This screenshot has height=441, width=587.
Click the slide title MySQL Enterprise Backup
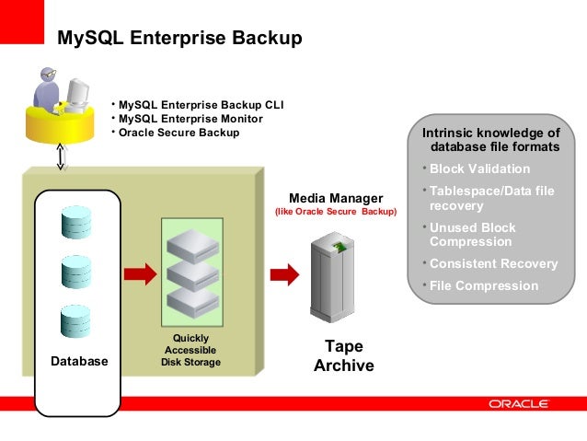click(178, 39)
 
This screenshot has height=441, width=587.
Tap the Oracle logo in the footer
click(519, 404)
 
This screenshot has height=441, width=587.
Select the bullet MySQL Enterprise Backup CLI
click(197, 105)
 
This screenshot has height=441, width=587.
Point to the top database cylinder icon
click(75, 222)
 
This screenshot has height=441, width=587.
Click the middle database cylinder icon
click(75, 272)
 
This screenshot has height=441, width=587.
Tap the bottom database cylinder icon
click(75, 321)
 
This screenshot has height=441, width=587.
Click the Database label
click(79, 362)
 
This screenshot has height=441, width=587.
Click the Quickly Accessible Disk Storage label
click(191, 351)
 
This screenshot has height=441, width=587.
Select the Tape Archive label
click(343, 356)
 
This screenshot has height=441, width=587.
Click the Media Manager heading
click(336, 198)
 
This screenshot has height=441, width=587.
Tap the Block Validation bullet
click(479, 169)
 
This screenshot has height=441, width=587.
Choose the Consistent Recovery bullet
click(493, 264)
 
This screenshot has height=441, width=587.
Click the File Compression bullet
click(484, 285)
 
